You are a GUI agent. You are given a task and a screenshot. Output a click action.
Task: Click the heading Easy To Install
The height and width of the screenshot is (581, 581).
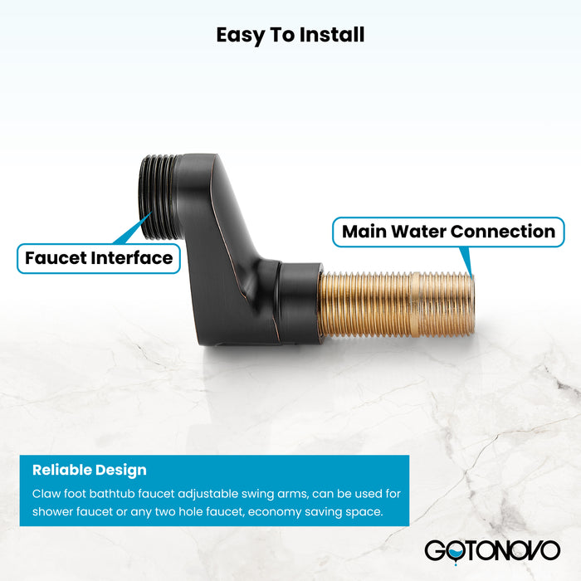click(290, 35)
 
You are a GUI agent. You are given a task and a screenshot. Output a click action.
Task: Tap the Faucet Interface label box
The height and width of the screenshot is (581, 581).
click(99, 258)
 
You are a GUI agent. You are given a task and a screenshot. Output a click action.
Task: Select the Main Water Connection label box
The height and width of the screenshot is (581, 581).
click(448, 232)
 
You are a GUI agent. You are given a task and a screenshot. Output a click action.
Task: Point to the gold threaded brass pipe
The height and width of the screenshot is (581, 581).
click(397, 305)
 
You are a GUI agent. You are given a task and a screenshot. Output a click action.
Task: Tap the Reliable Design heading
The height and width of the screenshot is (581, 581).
click(89, 470)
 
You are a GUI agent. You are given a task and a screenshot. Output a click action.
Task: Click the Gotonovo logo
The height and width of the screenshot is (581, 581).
click(492, 549)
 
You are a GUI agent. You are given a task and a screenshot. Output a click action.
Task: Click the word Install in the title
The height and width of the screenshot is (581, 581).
click(331, 35)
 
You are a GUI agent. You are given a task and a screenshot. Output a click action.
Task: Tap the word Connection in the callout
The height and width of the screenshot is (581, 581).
click(507, 232)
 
